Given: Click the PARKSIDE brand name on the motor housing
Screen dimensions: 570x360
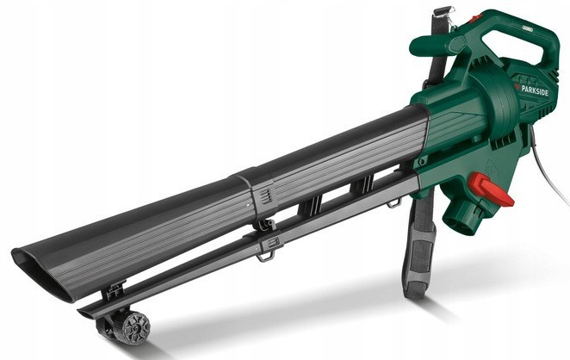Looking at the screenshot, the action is (x=535, y=90).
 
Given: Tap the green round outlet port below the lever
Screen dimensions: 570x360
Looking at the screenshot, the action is (x=461, y=217).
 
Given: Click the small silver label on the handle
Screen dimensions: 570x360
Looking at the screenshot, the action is (x=530, y=28).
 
